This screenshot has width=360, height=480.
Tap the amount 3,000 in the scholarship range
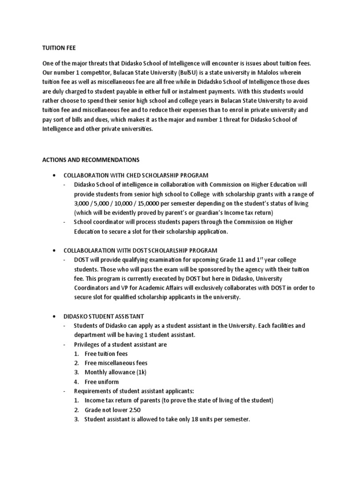82,203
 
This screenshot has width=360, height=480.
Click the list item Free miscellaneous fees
116,363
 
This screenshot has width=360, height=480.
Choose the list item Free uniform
102,382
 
